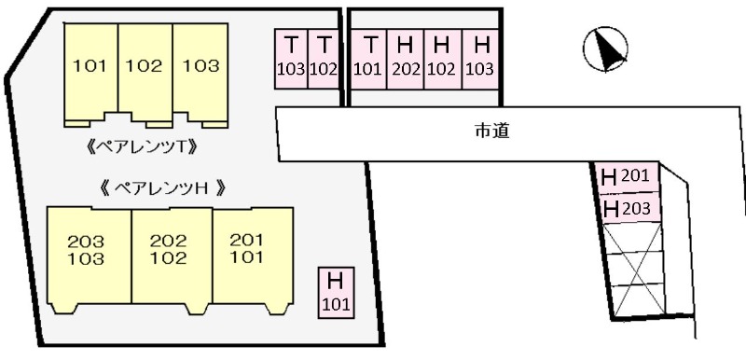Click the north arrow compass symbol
point(604,48)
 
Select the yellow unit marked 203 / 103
point(87,252)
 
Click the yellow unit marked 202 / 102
point(169,252)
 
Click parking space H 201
point(629,176)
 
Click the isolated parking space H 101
point(337,292)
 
